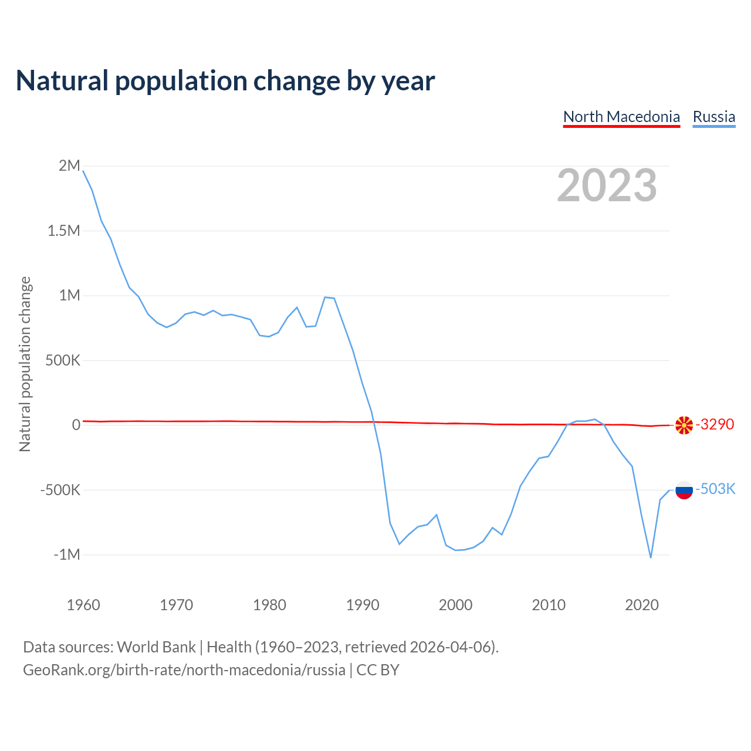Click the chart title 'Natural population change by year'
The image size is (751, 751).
(x=225, y=81)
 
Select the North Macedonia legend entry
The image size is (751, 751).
(x=621, y=117)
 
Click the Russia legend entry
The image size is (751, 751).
(x=713, y=117)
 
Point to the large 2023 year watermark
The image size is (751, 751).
(x=607, y=185)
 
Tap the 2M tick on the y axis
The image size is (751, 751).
(x=69, y=166)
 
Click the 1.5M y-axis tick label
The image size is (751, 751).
(x=64, y=231)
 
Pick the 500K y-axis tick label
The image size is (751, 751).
(x=63, y=360)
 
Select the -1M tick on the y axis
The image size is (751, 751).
(x=66, y=554)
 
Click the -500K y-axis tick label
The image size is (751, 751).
(x=60, y=490)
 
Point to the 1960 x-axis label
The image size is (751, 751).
(x=83, y=605)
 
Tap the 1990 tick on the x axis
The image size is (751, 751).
(x=363, y=605)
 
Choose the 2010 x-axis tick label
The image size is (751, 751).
(x=549, y=605)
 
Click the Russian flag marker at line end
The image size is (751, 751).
(x=684, y=490)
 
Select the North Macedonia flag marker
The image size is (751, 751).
(x=684, y=425)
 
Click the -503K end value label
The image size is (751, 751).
(x=715, y=489)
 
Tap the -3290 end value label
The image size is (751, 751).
(x=715, y=424)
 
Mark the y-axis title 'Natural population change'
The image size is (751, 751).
(x=25, y=364)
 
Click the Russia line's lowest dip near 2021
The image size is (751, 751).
(x=651, y=557)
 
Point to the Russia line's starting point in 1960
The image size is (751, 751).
(x=83, y=171)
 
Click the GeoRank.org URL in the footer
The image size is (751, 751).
(x=184, y=670)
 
